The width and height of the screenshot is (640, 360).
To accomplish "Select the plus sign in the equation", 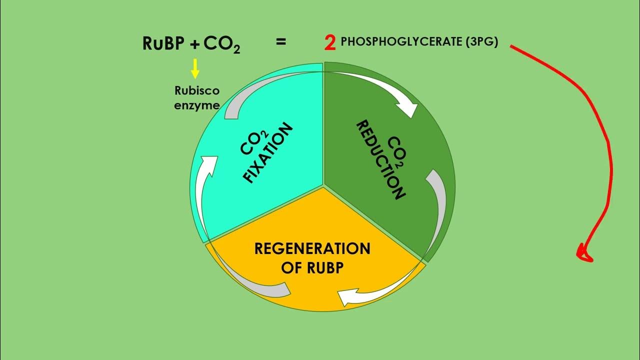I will click(195, 45).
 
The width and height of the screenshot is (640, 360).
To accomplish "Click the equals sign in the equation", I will click(281, 42).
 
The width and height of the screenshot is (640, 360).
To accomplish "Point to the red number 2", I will click(329, 43).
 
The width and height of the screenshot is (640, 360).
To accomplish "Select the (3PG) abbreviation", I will click(481, 42).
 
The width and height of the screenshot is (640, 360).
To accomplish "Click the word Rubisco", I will click(197, 91).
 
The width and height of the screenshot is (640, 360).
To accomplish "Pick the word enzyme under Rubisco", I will click(197, 105).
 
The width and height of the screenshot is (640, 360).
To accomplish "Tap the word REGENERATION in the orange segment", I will click(312, 249).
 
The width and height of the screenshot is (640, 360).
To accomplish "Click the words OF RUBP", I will click(312, 267).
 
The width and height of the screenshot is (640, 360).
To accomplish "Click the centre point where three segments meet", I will click(323, 186).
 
